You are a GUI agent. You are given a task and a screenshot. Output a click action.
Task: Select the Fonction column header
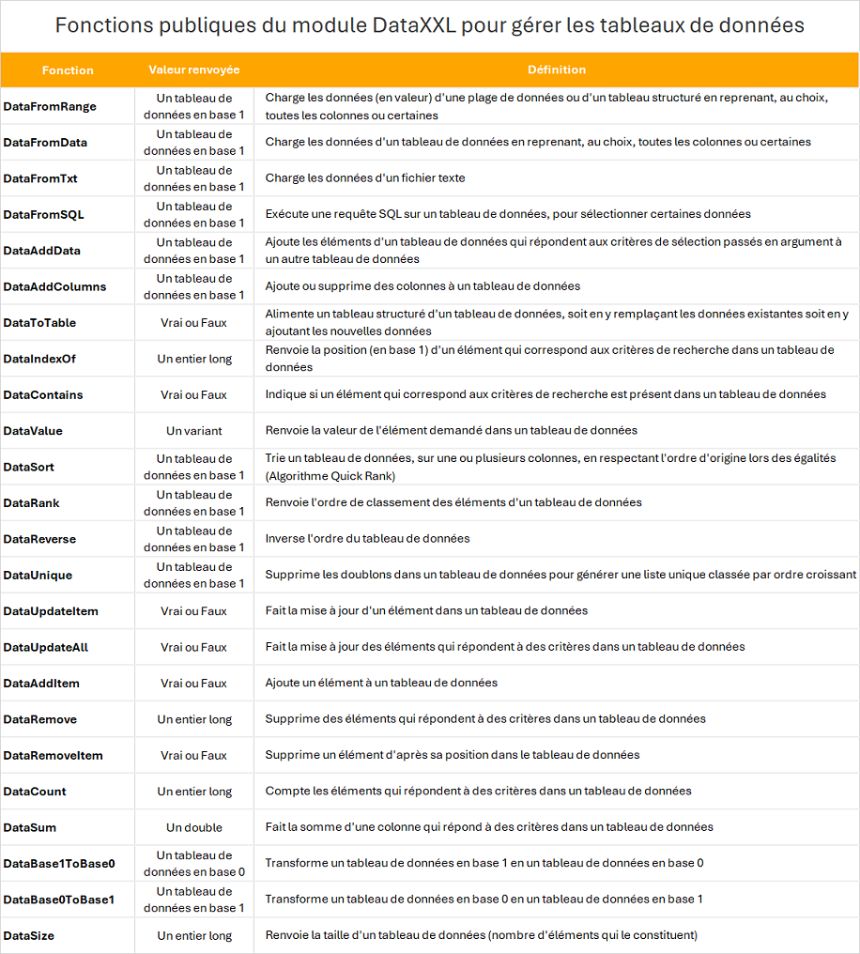coord(68,70)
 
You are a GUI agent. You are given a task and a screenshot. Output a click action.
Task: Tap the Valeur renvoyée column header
coord(194,70)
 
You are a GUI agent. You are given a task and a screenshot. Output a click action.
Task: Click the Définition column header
coord(557,70)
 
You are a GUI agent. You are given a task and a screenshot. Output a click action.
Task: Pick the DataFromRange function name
coord(50,106)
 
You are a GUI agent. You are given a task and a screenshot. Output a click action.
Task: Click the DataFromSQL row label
coord(43,214)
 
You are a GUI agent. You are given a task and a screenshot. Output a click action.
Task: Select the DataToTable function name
coord(39,323)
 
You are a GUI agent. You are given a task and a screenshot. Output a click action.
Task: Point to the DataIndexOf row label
coord(43,359)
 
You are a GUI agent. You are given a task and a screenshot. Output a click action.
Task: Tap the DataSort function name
coord(28,467)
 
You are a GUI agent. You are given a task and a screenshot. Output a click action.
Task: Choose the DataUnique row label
coord(38,575)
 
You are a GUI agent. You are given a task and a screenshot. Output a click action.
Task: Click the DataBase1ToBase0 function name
coord(58,863)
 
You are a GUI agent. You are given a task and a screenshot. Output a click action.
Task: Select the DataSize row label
coord(28,935)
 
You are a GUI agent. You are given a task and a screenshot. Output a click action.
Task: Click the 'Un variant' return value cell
coord(194,431)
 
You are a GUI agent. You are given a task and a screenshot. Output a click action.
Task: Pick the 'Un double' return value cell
coord(194,827)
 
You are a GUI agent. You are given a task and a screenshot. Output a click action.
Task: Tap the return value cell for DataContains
coord(194,394)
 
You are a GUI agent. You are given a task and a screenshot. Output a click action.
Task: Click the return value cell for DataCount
coord(194,792)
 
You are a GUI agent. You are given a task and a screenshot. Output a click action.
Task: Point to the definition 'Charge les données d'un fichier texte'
coord(365,178)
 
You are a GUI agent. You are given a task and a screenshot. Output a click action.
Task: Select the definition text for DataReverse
coord(367,539)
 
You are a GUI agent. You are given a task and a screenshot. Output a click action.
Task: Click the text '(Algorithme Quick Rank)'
coord(324,476)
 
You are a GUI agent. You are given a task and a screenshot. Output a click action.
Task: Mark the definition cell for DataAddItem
coord(381,683)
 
